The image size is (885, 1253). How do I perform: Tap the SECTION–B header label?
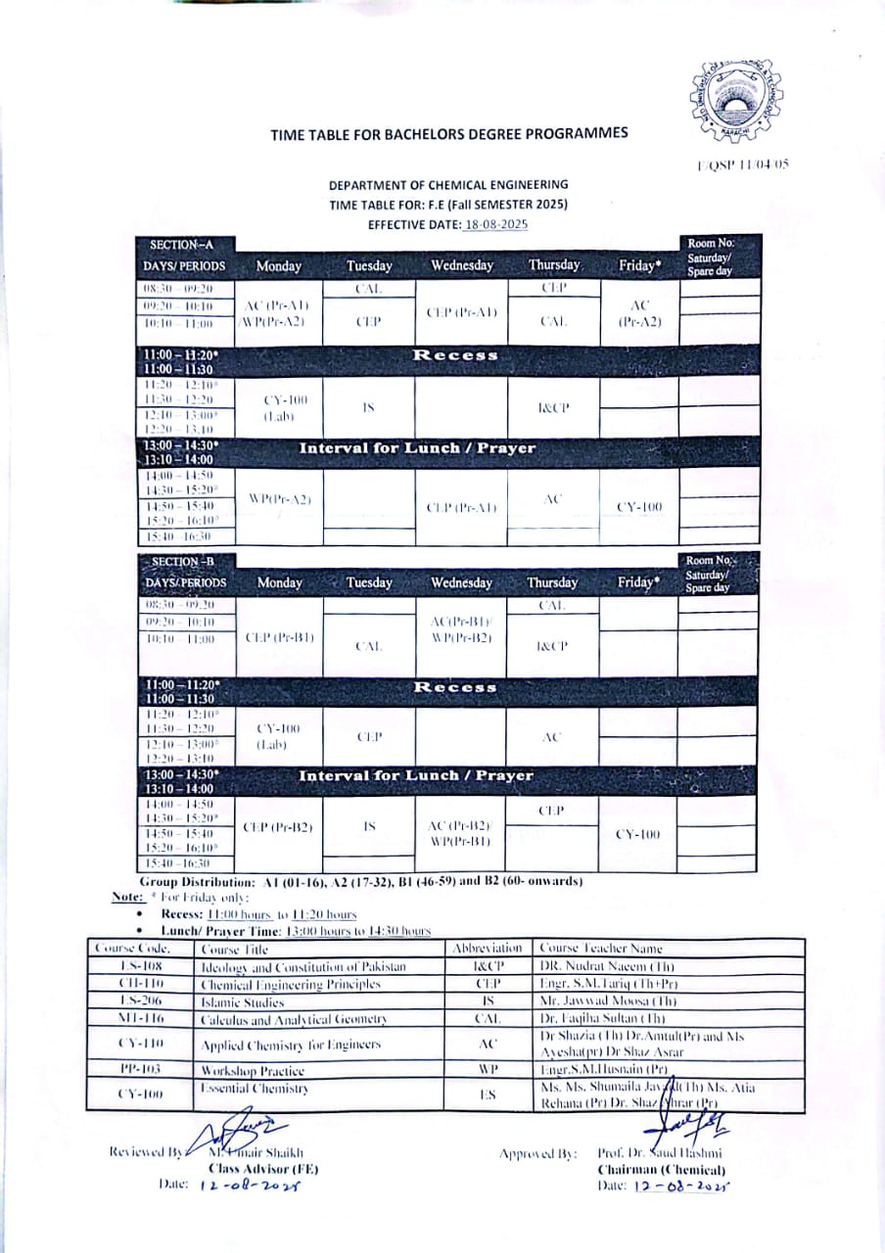pyautogui.click(x=182, y=561)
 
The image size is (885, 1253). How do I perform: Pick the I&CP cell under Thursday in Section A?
pyautogui.click(x=553, y=405)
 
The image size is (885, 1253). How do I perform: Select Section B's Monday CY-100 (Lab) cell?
pyautogui.click(x=279, y=736)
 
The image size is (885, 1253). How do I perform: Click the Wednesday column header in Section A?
pyautogui.click(x=461, y=265)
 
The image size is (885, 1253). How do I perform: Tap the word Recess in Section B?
pyautogui.click(x=455, y=686)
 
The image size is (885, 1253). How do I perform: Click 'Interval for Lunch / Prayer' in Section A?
pyautogui.click(x=417, y=448)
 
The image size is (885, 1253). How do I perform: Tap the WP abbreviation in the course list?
pyautogui.click(x=488, y=1071)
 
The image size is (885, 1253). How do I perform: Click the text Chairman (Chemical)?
pyautogui.click(x=661, y=1169)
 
